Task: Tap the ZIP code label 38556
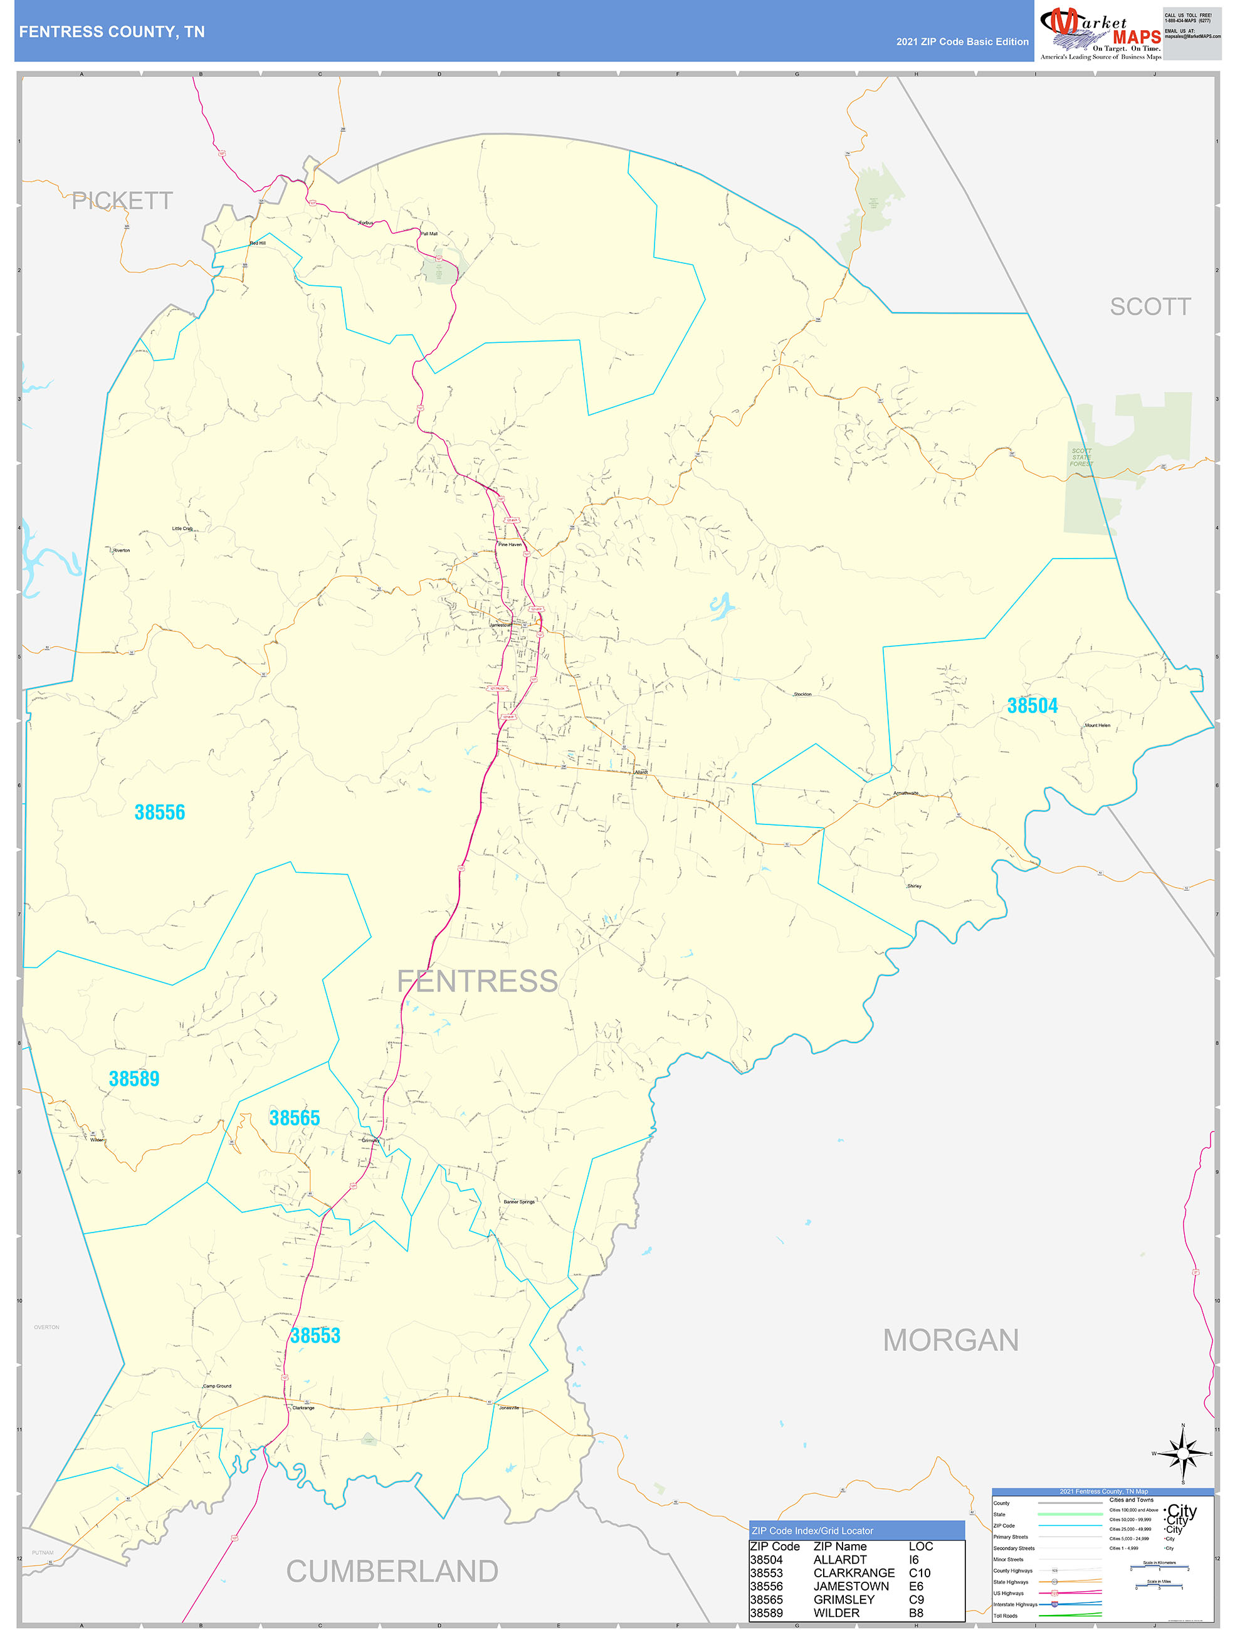(160, 812)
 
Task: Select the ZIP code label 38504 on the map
(1033, 706)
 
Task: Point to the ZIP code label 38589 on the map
(134, 1079)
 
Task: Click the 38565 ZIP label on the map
(295, 1118)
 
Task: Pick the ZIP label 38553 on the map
(315, 1336)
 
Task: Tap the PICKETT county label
(122, 201)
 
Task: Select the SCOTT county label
(1150, 307)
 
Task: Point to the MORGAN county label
(950, 1340)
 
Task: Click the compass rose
(1183, 1453)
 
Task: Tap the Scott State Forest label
(1082, 457)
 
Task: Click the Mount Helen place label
(1096, 725)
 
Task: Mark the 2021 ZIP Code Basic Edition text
(962, 42)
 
